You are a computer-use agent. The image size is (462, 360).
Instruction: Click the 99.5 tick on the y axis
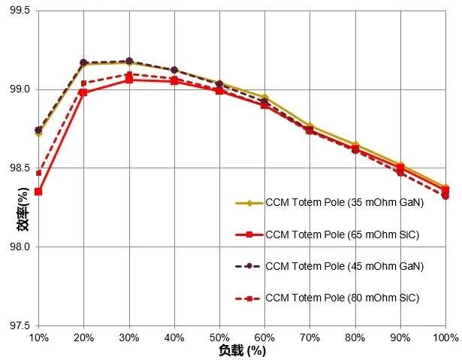(18, 11)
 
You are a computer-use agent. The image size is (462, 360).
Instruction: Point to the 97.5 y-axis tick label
(18, 325)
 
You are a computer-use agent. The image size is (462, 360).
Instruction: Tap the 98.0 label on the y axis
(18, 247)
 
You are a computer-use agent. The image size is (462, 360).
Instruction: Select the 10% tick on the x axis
(38, 339)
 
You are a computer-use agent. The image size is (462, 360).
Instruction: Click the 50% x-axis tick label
(219, 339)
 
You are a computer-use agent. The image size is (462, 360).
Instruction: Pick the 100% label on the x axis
(445, 339)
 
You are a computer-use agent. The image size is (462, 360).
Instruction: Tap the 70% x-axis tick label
(310, 339)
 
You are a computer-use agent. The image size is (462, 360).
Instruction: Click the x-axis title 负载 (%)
(242, 351)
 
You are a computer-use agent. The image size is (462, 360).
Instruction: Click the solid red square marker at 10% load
(38, 192)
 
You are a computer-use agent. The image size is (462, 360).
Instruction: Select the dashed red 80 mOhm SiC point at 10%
(38, 173)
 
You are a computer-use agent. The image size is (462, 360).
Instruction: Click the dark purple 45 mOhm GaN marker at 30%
(129, 61)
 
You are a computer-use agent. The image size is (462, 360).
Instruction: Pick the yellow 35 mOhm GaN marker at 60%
(265, 98)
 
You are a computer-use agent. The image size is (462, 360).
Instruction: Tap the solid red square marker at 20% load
(83, 92)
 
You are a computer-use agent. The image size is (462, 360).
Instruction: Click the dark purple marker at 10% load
(38, 130)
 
